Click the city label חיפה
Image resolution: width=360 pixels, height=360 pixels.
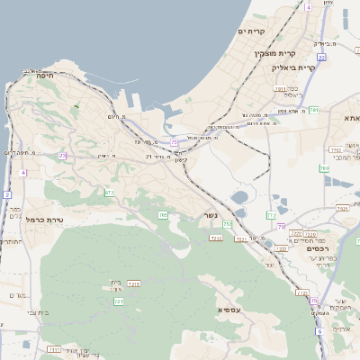pyautogui.click(x=45, y=77)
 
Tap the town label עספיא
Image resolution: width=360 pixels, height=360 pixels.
pyautogui.click(x=229, y=309)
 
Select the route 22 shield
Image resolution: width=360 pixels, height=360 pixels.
pyautogui.click(x=321, y=58)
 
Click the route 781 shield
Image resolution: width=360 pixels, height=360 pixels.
pyautogui.click(x=314, y=110)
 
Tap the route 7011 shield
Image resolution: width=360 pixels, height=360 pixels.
pyautogui.click(x=281, y=88)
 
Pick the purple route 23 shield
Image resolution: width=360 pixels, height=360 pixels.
pyautogui.click(x=63, y=156)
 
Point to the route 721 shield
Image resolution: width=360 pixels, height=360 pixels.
pyautogui.click(x=118, y=301)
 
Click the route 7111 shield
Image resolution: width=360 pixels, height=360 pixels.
pyautogui.click(x=53, y=348)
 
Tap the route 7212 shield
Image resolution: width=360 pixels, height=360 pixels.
pyautogui.click(x=216, y=238)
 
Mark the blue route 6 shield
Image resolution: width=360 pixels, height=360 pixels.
pyautogui.click(x=319, y=330)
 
